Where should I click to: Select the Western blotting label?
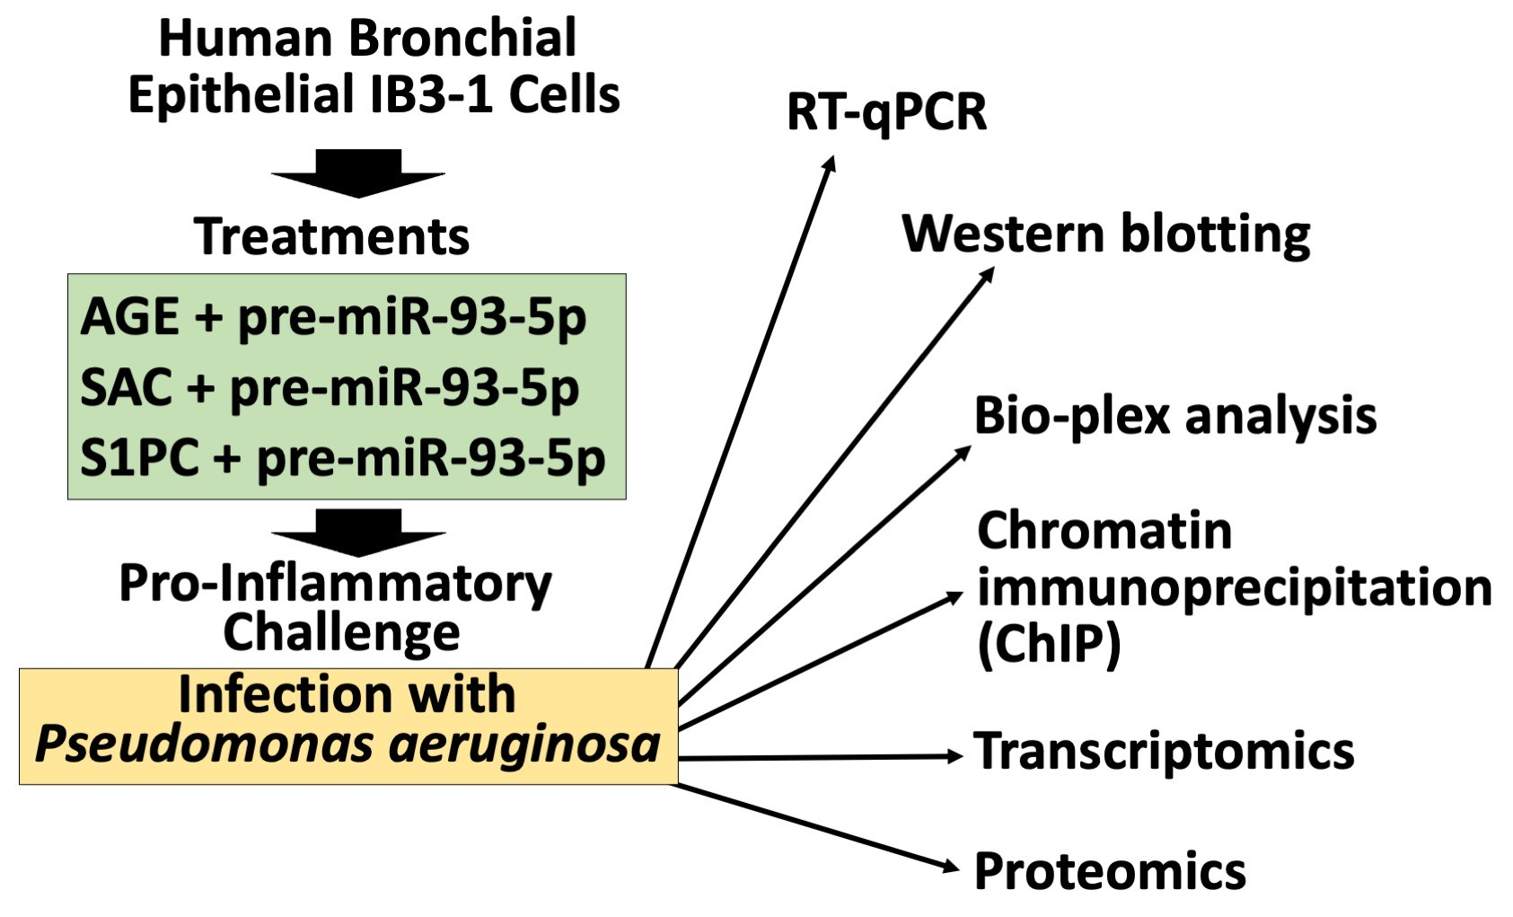click(x=1105, y=235)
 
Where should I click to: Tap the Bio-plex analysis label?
click(x=1174, y=417)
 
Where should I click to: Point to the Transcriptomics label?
click(x=1164, y=752)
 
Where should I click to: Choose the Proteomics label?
click(x=1110, y=871)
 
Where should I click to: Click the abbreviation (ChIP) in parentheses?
click(x=1049, y=644)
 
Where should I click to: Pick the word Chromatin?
click(x=1104, y=531)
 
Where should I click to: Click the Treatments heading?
click(x=331, y=237)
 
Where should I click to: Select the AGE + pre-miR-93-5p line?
click(x=333, y=318)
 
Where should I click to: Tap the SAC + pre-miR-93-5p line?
click(x=330, y=388)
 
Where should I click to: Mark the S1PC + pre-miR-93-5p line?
click(x=342, y=458)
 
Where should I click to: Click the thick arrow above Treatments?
click(x=358, y=173)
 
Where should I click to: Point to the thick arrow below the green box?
click(x=358, y=533)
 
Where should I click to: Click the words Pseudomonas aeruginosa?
click(x=347, y=745)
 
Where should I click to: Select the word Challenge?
click(x=341, y=633)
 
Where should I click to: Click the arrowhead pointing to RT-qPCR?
click(x=831, y=163)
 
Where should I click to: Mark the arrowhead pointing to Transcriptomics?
click(x=954, y=757)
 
